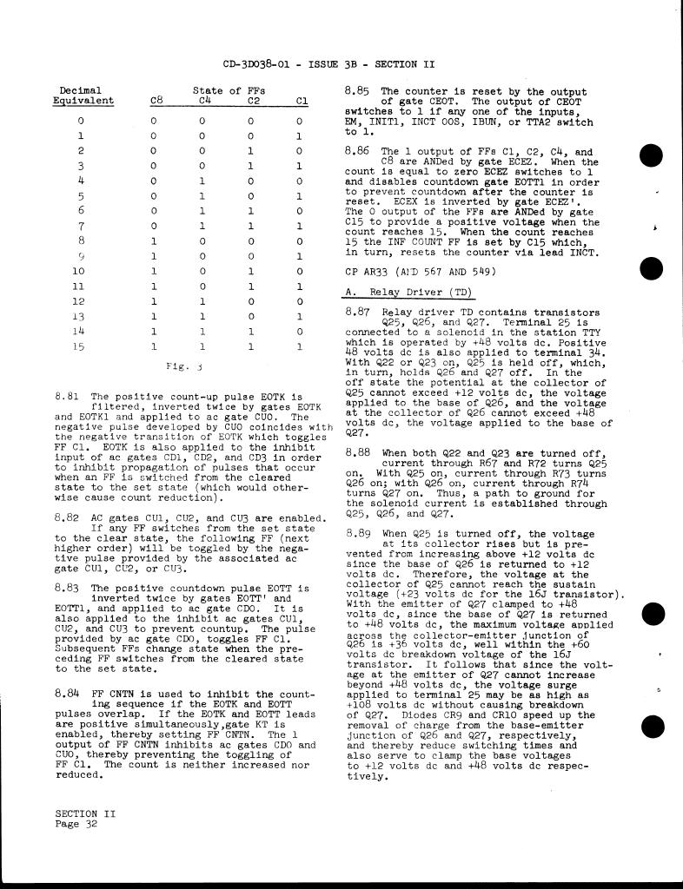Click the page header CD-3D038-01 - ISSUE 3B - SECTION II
click(x=328, y=64)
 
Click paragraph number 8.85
click(x=358, y=90)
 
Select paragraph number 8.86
click(x=358, y=151)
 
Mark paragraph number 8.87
click(x=358, y=311)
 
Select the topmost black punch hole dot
click(x=651, y=156)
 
